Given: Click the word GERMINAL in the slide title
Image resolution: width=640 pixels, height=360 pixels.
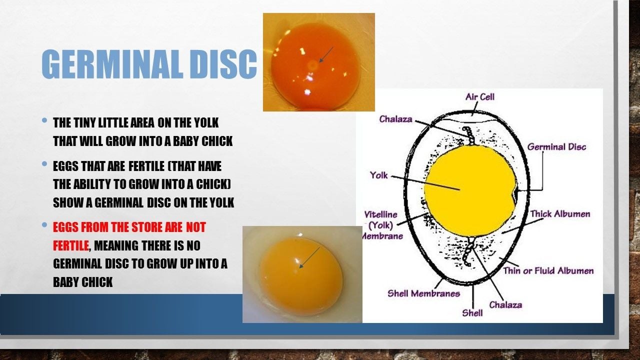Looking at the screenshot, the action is pyautogui.click(x=112, y=64).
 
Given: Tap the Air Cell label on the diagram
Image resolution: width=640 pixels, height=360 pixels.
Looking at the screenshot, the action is pyautogui.click(x=479, y=97).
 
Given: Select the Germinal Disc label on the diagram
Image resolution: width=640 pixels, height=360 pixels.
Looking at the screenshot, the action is pyautogui.click(x=556, y=147).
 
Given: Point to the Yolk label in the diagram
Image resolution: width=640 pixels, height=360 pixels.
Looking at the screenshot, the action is pyautogui.click(x=379, y=175).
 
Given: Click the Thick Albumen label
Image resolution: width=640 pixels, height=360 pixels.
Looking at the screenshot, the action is pyautogui.click(x=560, y=214).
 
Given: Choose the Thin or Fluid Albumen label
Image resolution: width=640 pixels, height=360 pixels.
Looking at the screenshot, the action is pyautogui.click(x=548, y=270).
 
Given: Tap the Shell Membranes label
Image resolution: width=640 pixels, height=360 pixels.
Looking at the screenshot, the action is pyautogui.click(x=423, y=293).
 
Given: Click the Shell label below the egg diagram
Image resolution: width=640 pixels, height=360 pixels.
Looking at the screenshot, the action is pyautogui.click(x=472, y=313).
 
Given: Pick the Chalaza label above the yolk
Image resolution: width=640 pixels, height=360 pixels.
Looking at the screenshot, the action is pyautogui.click(x=395, y=119).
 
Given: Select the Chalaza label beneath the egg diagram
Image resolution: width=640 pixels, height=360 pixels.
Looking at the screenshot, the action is pyautogui.click(x=505, y=305).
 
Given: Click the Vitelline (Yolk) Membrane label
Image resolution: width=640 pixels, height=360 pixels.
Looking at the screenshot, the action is pyautogui.click(x=381, y=225).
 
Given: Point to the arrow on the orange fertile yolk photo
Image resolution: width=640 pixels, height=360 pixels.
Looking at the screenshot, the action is pyautogui.click(x=326, y=54).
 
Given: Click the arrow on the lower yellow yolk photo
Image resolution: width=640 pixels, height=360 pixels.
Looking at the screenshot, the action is pyautogui.click(x=309, y=257).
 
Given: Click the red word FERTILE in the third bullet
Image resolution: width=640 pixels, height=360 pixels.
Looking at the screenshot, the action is pyautogui.click(x=71, y=245).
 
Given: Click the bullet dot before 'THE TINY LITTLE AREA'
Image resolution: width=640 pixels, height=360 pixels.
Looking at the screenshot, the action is pyautogui.click(x=44, y=120).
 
